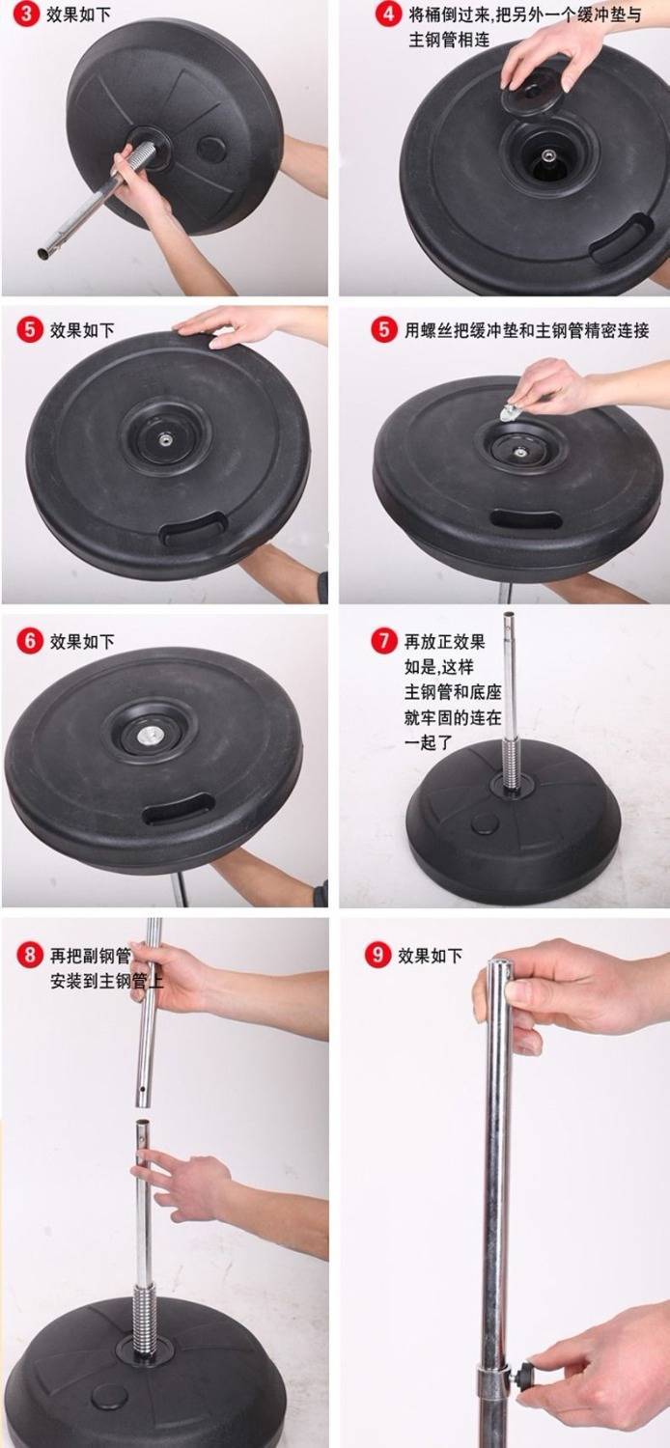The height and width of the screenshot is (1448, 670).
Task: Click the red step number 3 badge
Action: point(26,14)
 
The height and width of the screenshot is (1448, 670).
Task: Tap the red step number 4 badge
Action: point(388,14)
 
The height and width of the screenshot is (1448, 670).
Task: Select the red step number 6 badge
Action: point(29,641)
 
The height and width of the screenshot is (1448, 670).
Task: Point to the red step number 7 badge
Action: point(384,641)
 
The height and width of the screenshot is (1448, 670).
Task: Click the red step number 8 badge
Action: point(29,955)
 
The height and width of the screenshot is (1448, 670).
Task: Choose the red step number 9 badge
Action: point(377,955)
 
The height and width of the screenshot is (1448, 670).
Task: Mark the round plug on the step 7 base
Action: point(485,823)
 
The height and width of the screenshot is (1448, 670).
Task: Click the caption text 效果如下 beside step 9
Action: point(430,956)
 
